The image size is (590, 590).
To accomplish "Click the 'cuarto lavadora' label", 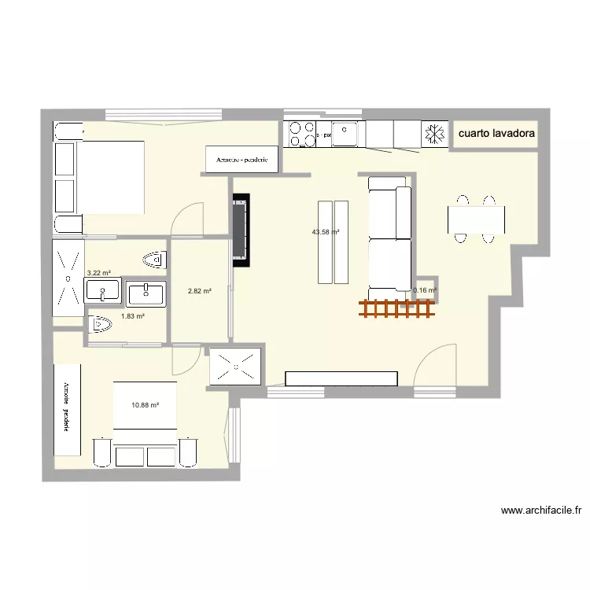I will click(496, 134).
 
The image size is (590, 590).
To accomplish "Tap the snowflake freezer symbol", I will click(433, 134).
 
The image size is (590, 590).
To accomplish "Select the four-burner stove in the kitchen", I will click(301, 134).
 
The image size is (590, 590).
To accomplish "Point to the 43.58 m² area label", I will click(325, 232).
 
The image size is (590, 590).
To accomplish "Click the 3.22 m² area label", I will click(98, 272).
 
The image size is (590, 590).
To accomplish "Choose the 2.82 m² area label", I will click(199, 291).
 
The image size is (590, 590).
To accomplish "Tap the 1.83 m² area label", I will click(132, 316).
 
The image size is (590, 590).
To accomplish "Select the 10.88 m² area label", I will click(146, 405).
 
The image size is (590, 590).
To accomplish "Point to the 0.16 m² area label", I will click(424, 290).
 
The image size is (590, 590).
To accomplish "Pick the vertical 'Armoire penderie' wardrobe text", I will click(67, 409).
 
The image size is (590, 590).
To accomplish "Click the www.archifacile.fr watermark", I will click(541, 511).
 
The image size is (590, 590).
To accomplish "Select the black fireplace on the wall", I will click(242, 227).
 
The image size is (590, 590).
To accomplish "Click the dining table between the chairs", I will click(476, 219).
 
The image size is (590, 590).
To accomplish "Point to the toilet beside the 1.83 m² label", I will click(101, 323).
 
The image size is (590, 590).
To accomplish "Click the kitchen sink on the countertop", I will click(345, 134).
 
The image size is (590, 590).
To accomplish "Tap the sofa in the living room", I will click(390, 234).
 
